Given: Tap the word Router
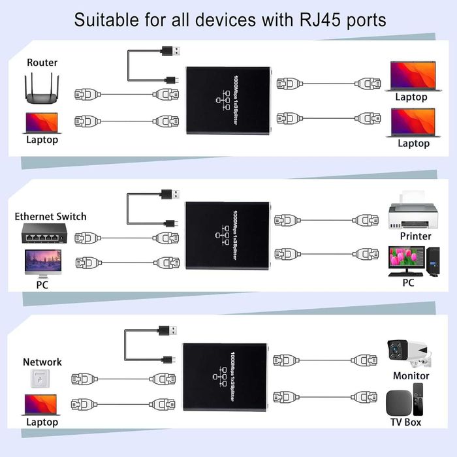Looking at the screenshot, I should click(x=42, y=63).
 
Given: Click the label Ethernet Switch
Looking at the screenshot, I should click(x=50, y=216).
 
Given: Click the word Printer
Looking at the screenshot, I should click(x=415, y=236).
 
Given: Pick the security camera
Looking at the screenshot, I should click(x=408, y=354).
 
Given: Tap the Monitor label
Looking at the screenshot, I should click(x=411, y=375).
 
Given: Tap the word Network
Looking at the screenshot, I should click(x=42, y=362).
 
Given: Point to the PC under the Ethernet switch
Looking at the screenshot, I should click(x=42, y=265).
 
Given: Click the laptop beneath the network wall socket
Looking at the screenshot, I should click(x=42, y=405).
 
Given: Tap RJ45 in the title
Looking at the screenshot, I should click(x=316, y=20).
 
